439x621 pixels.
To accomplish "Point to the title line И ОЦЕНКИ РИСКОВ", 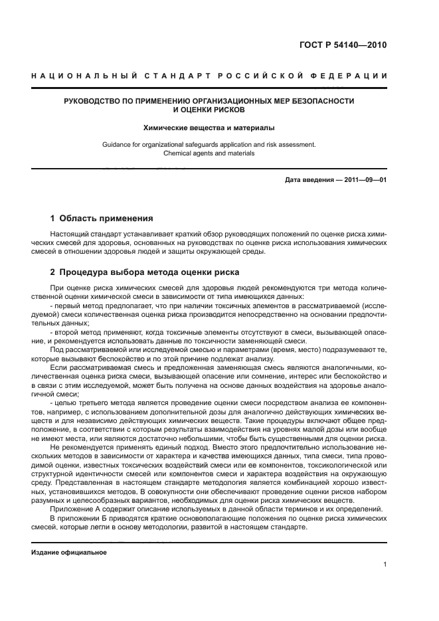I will [x=209, y=110].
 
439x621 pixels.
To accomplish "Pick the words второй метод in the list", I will [x=75, y=331].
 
